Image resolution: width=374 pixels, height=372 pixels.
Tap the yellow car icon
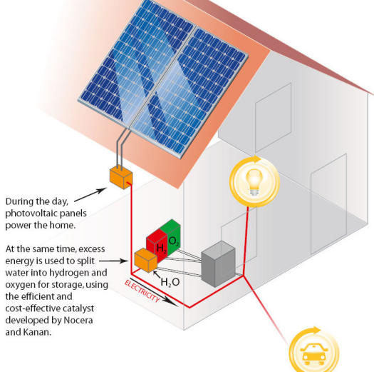[x=314, y=354]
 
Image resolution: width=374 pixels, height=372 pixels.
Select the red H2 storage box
[x=156, y=244]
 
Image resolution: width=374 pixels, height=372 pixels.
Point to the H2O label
[x=170, y=282]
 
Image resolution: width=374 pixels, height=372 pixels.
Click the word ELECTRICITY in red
[x=142, y=291]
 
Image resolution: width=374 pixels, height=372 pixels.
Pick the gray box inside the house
[x=219, y=263]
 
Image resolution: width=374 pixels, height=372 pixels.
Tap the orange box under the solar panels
[x=121, y=177]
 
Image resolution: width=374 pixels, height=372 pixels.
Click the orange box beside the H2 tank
[x=146, y=260]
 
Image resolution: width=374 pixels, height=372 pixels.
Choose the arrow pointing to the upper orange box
[x=90, y=195]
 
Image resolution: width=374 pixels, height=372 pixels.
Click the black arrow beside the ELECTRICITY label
[x=154, y=292]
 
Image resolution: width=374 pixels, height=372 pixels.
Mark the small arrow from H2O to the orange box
[x=157, y=274]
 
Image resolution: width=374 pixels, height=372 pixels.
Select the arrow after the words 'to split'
[x=114, y=261]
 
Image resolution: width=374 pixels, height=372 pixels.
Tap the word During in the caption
[x=19, y=201]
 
